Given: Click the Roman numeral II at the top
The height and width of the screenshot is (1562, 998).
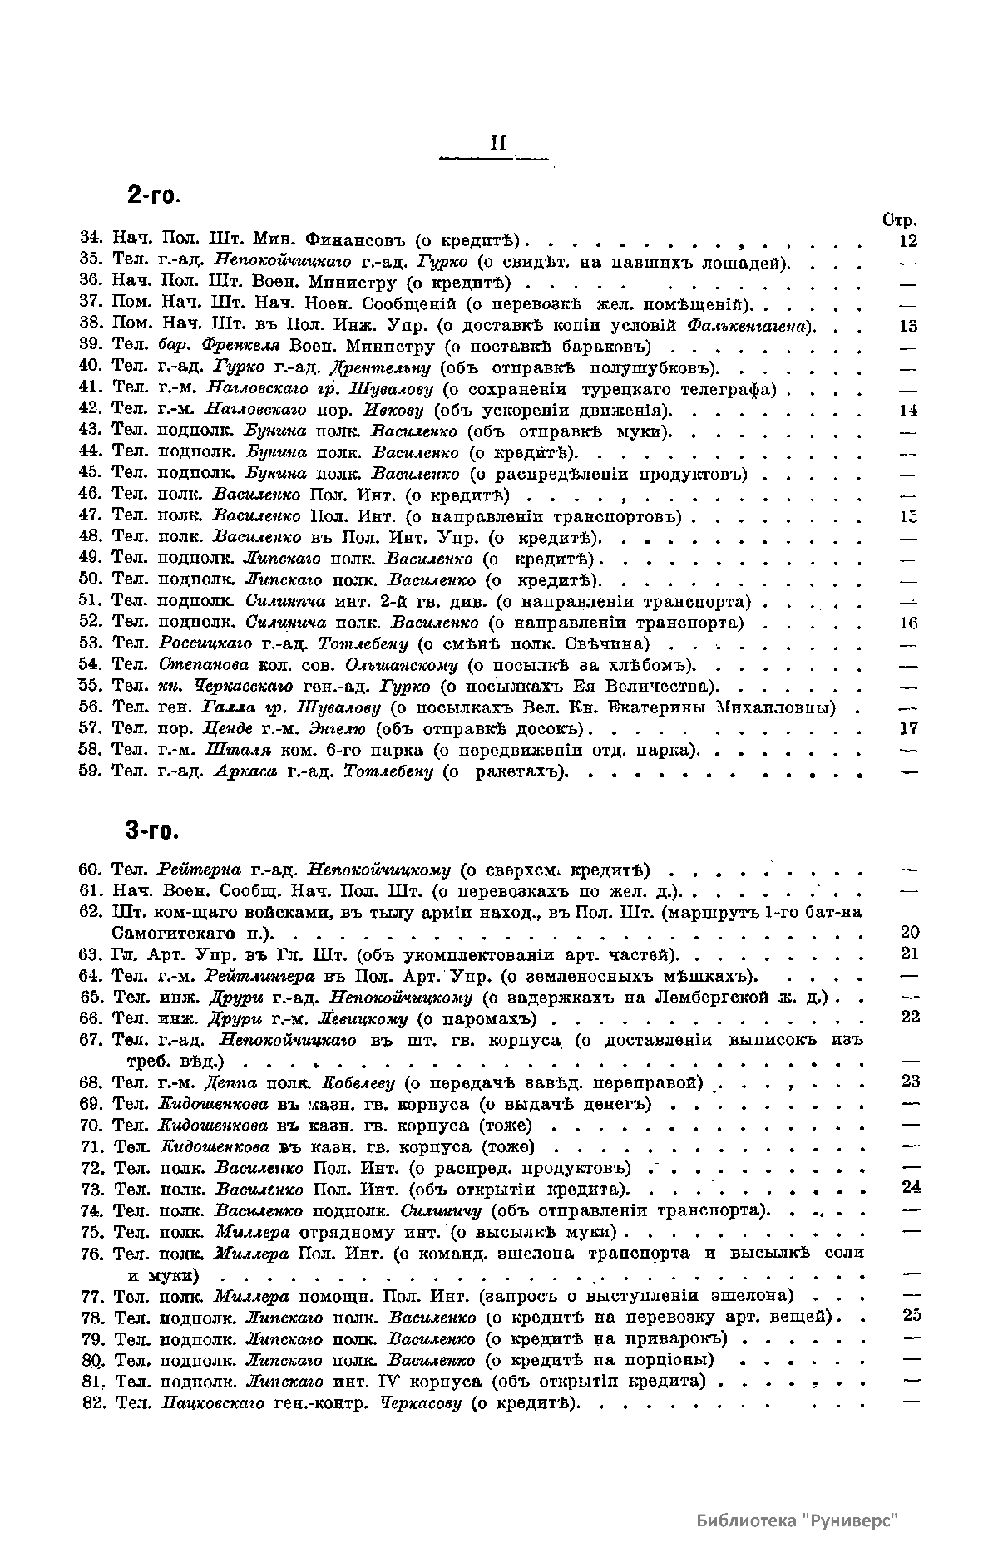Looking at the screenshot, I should point(498,143).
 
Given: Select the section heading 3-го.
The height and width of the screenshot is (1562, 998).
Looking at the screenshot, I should point(153,830).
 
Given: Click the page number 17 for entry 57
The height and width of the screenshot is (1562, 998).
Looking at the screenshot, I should point(908,729).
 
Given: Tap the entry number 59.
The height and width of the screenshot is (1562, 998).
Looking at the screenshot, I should point(91,771).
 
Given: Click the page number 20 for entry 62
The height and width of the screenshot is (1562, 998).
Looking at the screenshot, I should point(910,933).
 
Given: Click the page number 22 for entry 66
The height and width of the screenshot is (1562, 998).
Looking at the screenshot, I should point(910,1018).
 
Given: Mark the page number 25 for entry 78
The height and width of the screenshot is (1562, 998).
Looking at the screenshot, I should point(910,1316).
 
